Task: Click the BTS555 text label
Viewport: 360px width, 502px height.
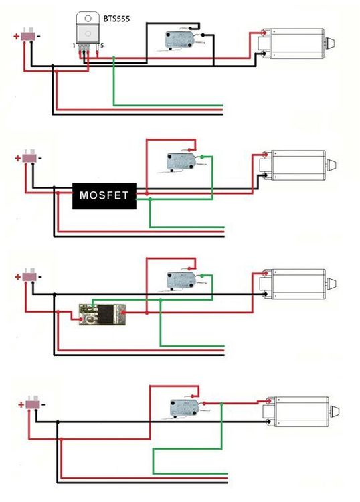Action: click(x=117, y=19)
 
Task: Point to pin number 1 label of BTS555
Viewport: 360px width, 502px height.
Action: click(x=74, y=45)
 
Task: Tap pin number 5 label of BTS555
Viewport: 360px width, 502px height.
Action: click(x=102, y=45)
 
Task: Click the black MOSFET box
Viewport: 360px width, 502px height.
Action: click(x=104, y=195)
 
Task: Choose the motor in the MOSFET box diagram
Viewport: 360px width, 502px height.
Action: click(x=298, y=164)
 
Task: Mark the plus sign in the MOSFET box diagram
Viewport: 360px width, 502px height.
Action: click(x=17, y=159)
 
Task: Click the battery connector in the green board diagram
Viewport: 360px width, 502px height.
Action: click(x=29, y=276)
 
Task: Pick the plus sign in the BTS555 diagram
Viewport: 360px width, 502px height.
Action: click(x=17, y=36)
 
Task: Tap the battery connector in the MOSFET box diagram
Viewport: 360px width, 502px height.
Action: click(x=29, y=158)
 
